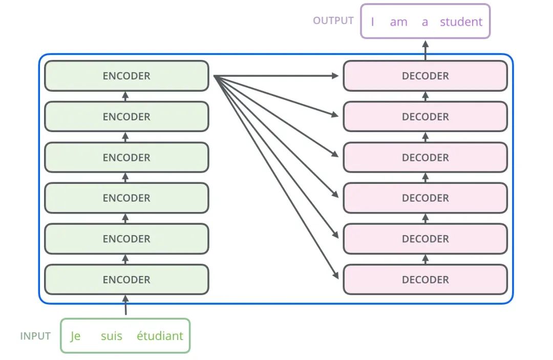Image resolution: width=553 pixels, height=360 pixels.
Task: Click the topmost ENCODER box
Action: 126,76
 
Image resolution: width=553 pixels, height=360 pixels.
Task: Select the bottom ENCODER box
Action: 126,279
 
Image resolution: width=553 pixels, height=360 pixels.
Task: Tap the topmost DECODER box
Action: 426,76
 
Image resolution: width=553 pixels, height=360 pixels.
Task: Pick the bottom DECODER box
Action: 426,279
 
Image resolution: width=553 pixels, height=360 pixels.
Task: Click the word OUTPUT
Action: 333,21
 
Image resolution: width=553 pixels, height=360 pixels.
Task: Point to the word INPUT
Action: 35,336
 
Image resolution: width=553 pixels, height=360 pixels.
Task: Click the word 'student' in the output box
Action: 461,22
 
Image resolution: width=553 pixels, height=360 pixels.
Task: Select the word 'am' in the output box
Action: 398,23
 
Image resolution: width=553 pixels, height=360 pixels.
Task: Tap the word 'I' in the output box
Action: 372,22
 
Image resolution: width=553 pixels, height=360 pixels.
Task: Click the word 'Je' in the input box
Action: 75,336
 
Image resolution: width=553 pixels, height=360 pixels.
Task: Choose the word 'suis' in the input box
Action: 112,336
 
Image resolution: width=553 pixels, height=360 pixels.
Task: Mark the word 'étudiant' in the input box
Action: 160,335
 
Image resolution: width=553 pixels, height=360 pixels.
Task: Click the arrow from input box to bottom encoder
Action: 125,305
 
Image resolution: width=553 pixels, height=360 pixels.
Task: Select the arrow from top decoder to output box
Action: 426,50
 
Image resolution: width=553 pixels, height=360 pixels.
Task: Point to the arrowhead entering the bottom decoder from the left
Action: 335,275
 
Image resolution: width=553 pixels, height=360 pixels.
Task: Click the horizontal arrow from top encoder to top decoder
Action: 276,76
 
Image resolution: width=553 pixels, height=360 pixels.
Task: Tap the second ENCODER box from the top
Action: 126,116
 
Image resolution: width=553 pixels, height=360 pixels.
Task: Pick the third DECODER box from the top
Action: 426,157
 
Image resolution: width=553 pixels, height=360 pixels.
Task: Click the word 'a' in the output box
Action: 425,23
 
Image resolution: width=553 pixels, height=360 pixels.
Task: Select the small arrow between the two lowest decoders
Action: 426,259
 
